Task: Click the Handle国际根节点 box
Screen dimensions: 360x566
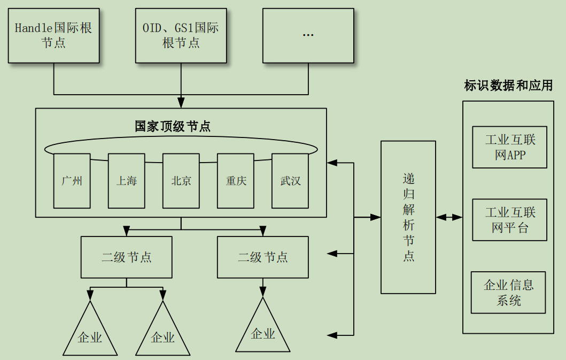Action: pos(53,35)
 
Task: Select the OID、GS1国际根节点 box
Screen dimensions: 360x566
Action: pos(181,35)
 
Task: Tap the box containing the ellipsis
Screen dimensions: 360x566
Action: pos(308,35)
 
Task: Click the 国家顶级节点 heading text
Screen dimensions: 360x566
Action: pos(173,127)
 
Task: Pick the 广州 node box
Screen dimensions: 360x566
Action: pos(72,181)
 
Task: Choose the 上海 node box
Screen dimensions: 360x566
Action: pos(127,181)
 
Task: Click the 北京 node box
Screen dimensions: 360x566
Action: pos(181,181)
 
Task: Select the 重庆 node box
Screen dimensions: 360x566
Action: pos(236,181)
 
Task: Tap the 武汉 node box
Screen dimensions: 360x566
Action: pos(290,181)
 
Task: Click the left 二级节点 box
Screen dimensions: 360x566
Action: pos(127,257)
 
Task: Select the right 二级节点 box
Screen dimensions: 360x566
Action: pos(263,257)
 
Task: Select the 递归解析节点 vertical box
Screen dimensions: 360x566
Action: pos(408,217)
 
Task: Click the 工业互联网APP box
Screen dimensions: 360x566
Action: pos(509,147)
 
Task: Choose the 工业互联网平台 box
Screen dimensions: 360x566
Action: pos(509,220)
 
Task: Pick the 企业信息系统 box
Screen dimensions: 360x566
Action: pos(508,292)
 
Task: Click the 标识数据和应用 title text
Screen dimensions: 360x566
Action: pos(508,86)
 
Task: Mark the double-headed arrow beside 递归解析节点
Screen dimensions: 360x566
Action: pos(449,217)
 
